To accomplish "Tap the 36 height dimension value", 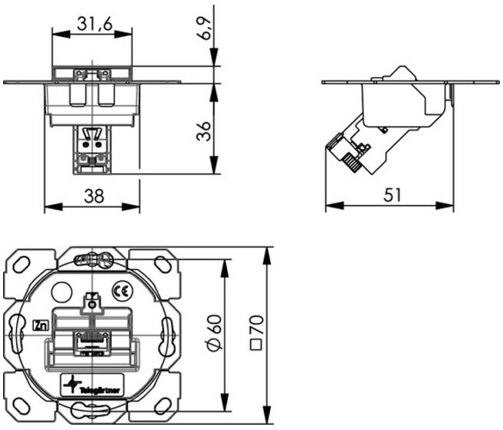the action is (x=204, y=131).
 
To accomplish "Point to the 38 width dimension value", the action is (x=94, y=196).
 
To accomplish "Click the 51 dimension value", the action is (x=393, y=195).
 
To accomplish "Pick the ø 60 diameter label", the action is (x=213, y=332).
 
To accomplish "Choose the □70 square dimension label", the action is (x=256, y=332).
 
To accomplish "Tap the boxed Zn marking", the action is (x=41, y=326).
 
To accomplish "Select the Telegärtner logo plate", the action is (x=92, y=385).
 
